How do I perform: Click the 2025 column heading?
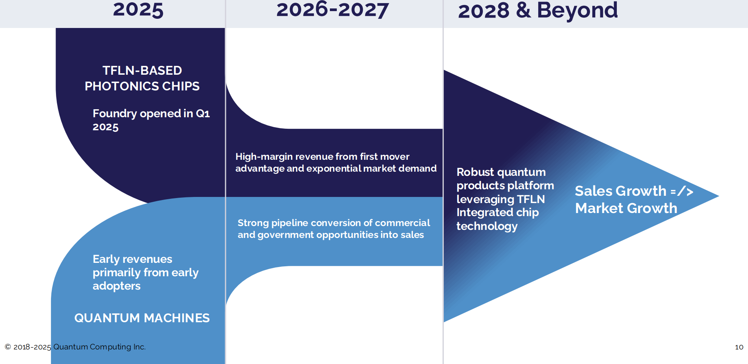138,10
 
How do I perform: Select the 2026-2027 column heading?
333,10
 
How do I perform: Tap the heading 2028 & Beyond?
538,10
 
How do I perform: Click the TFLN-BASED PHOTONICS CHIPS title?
142,78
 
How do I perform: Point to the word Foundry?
115,114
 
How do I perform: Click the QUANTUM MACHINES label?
142,318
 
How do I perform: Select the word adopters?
117,286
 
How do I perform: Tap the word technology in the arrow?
487,226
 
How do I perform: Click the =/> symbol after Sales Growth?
682,191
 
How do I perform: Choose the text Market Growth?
626,208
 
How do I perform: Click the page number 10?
739,347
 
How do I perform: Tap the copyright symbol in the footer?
8,347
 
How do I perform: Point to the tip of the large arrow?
719,196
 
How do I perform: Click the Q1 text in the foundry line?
203,113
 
